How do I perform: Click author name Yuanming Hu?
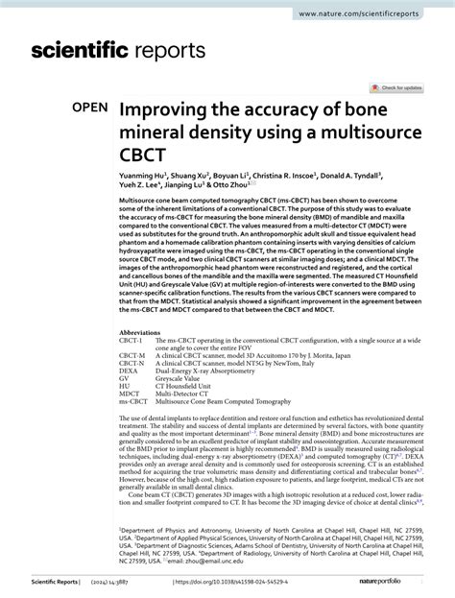tap(142, 177)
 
